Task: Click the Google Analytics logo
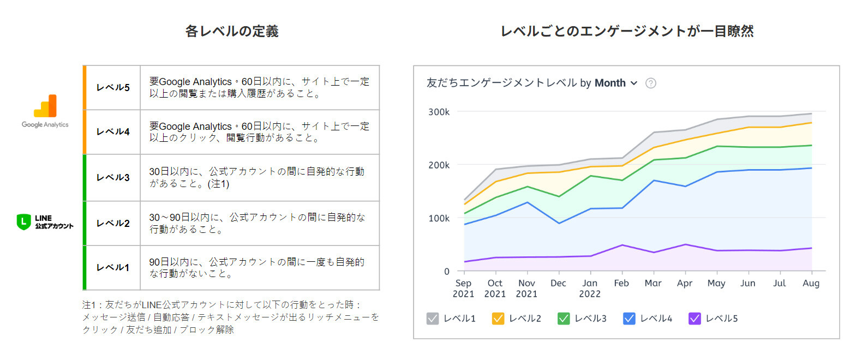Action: click(x=45, y=111)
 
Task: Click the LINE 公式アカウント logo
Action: click(x=45, y=222)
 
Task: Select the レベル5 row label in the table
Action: click(x=113, y=87)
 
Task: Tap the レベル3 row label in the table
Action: click(x=113, y=177)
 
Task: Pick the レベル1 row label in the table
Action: click(x=113, y=267)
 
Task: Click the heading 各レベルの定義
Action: click(x=232, y=31)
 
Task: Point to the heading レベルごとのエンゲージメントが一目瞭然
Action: click(x=627, y=31)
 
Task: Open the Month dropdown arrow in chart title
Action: click(x=634, y=83)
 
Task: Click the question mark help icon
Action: click(x=651, y=83)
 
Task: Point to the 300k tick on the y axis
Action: click(x=439, y=112)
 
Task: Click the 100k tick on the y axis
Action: click(x=439, y=218)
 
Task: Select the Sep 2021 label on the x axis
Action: click(x=463, y=288)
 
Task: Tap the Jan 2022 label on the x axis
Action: click(x=590, y=288)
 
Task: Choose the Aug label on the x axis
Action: click(x=811, y=283)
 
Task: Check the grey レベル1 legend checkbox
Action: click(x=433, y=319)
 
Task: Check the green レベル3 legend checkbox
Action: click(x=564, y=319)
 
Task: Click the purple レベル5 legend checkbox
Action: click(x=695, y=319)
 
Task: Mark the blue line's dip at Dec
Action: click(x=559, y=223)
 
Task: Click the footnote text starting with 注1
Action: click(x=230, y=317)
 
